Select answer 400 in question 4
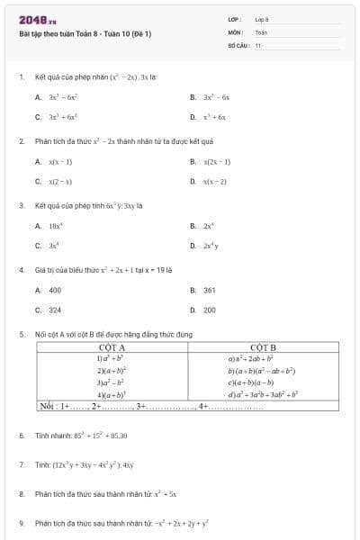point(55,291)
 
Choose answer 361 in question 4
point(209,291)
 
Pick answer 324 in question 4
point(55,310)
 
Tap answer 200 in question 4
point(209,310)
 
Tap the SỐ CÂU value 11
point(257,44)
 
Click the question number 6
point(21,436)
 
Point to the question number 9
point(21,523)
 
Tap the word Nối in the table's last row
point(48,407)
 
